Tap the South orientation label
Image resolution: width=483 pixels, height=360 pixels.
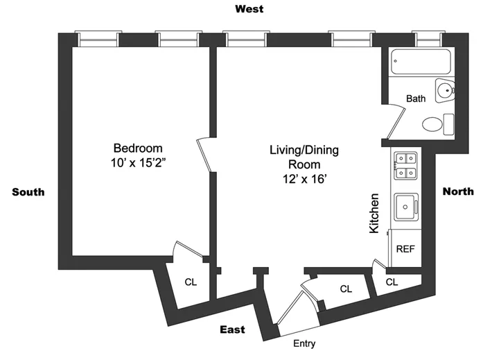click(x=28, y=192)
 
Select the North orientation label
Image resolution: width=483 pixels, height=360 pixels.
click(x=458, y=191)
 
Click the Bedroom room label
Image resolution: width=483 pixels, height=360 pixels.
click(x=138, y=148)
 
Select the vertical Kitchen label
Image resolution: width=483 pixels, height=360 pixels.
click(x=374, y=213)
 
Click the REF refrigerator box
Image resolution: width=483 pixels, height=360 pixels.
click(x=405, y=248)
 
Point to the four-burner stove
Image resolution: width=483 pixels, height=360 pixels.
click(x=405, y=166)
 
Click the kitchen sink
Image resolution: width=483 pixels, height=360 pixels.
click(x=405, y=207)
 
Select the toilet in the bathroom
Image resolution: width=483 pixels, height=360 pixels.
click(x=435, y=124)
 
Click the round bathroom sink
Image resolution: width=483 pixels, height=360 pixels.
click(x=444, y=89)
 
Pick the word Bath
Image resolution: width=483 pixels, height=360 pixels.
click(x=416, y=98)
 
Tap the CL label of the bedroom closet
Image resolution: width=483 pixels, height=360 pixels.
click(x=190, y=282)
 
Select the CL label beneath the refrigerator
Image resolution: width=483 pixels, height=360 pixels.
click(x=392, y=282)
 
